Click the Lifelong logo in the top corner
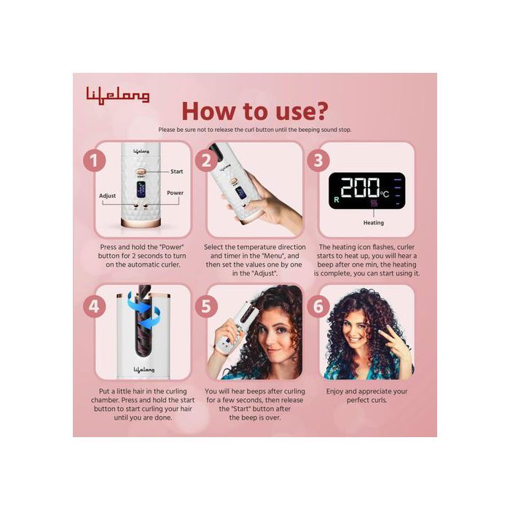point(118,95)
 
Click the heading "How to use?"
point(255,111)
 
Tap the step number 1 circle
point(94,160)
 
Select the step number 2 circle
point(206,160)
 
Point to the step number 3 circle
point(318,160)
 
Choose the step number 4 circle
point(94,307)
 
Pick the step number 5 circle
point(206,307)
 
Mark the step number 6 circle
point(318,307)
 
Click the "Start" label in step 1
point(176,171)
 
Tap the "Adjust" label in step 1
point(107,196)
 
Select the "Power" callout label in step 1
point(176,193)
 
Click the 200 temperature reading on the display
point(360,188)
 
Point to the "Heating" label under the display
point(373,222)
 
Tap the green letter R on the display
point(337,200)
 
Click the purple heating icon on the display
point(374,203)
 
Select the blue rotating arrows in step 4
point(143,310)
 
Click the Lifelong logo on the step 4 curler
point(144,370)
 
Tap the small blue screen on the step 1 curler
point(141,189)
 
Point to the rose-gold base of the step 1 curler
point(141,223)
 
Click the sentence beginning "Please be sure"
point(255,130)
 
